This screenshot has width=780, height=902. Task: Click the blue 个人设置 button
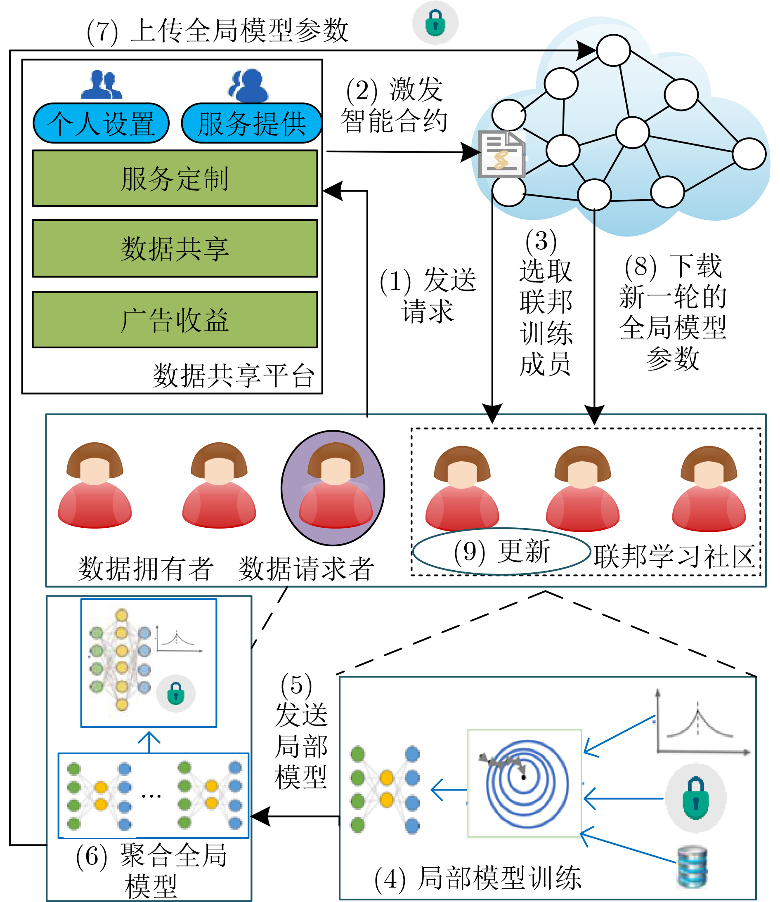pos(101,123)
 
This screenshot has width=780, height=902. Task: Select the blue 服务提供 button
pos(252,123)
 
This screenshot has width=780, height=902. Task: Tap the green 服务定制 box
pos(175,178)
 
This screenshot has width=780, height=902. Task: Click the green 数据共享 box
pos(175,248)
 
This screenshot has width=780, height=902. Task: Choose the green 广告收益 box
pos(175,319)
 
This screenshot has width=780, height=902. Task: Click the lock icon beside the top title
pos(435,23)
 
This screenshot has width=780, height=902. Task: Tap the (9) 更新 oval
pos(502,552)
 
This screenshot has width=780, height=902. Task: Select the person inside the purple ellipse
pos(336,485)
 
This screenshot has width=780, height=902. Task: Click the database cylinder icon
pos(693,867)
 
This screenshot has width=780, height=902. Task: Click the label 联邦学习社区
pos(675,557)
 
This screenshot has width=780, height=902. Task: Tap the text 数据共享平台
pos(234,375)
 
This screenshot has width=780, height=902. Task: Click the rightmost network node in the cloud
pos(749,153)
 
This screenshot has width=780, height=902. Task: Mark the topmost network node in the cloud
pos(614,50)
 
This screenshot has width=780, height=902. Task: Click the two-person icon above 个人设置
pos(102,85)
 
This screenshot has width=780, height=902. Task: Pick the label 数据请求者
pos(306,569)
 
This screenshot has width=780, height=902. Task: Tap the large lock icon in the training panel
pos(695,798)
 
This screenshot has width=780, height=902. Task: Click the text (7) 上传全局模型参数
pos(217,31)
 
